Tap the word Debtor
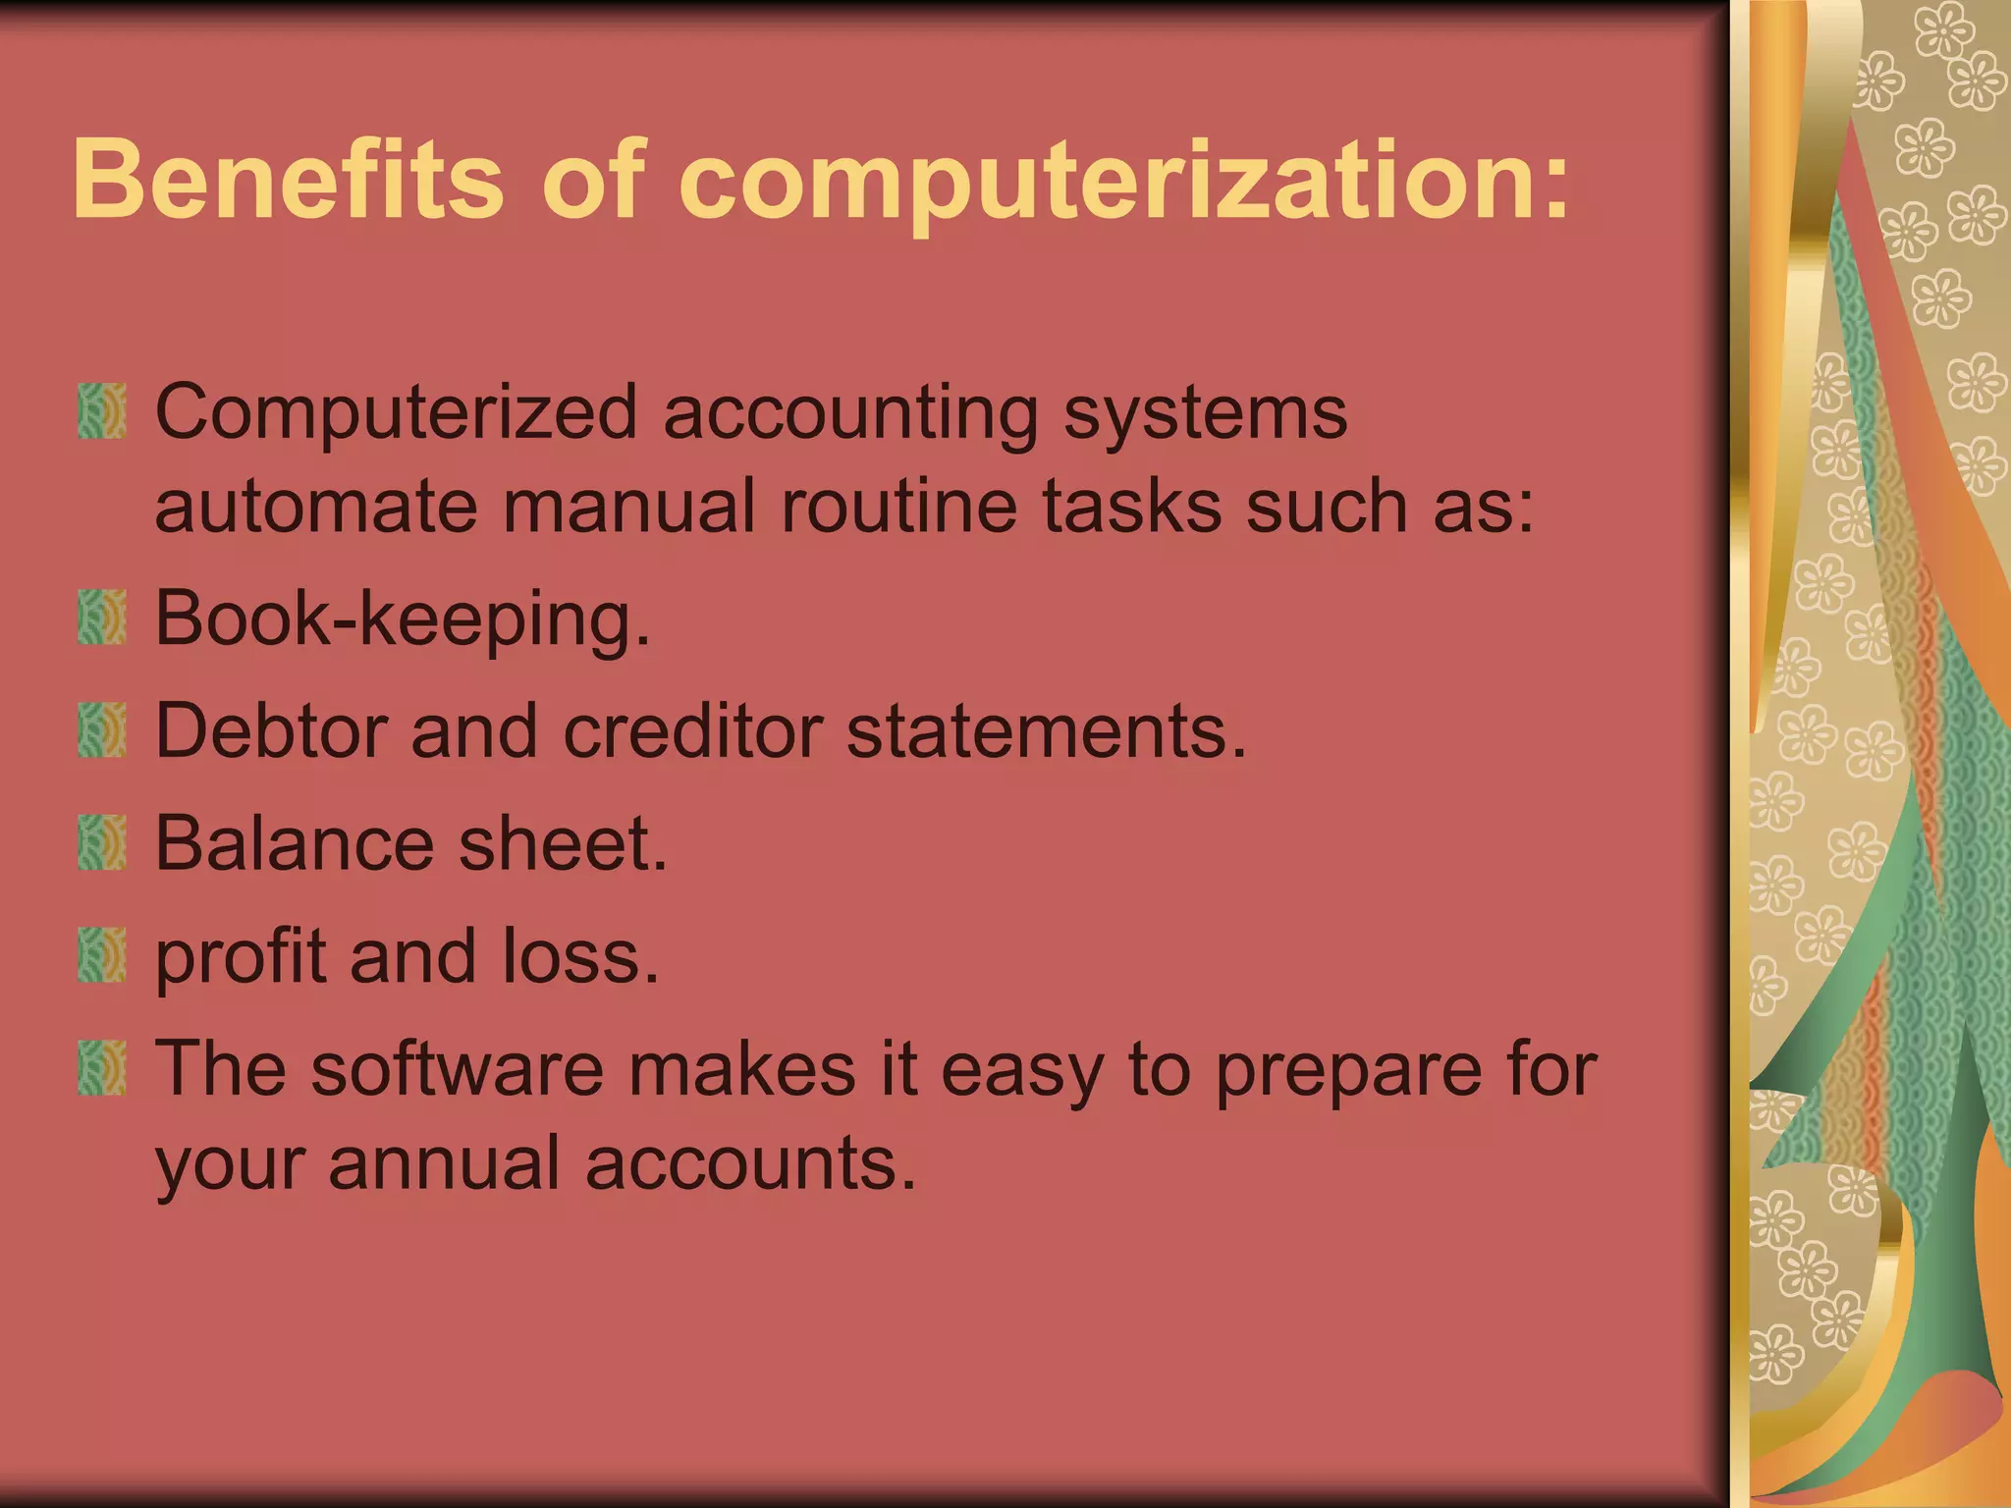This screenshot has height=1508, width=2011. [x=271, y=731]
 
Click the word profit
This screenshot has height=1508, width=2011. [x=241, y=957]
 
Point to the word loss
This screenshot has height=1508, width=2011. [x=580, y=956]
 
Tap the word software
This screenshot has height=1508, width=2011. [x=458, y=1069]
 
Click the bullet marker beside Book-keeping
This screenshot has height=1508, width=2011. [x=102, y=618]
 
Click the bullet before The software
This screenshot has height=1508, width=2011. [x=102, y=1068]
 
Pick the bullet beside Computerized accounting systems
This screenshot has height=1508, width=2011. [x=102, y=411]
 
